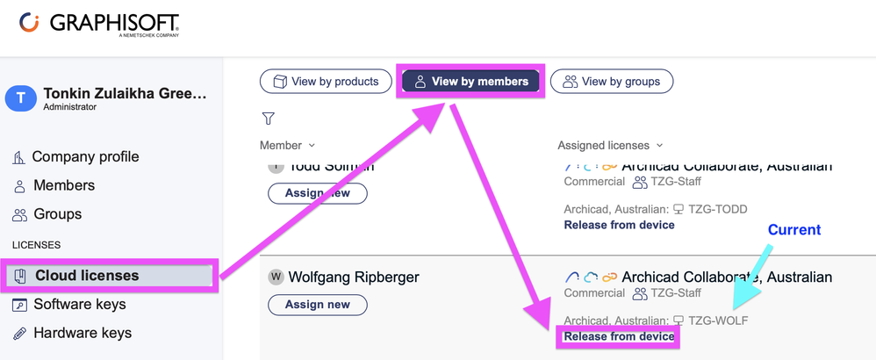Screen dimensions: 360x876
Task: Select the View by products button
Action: (325, 82)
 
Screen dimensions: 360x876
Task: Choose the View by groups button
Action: (611, 82)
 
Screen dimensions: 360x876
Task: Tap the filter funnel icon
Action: (269, 119)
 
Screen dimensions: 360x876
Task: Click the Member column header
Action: (286, 145)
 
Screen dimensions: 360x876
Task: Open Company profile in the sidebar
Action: (85, 157)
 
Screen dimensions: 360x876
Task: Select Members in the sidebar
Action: (63, 185)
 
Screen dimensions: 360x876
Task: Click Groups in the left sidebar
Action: (57, 214)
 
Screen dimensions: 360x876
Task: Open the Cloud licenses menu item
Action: (86, 276)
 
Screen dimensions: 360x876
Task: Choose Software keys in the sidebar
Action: (79, 305)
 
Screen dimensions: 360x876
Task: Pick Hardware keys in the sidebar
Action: (82, 333)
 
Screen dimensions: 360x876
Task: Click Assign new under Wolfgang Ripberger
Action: (317, 305)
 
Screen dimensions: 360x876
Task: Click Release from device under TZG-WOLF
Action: (619, 336)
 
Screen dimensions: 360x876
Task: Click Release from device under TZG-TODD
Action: (619, 225)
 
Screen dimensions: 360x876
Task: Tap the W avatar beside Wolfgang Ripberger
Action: (276, 277)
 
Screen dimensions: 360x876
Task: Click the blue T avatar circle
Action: (21, 98)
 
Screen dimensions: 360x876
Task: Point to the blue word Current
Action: (793, 230)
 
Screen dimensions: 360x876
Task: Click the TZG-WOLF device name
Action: (718, 320)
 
